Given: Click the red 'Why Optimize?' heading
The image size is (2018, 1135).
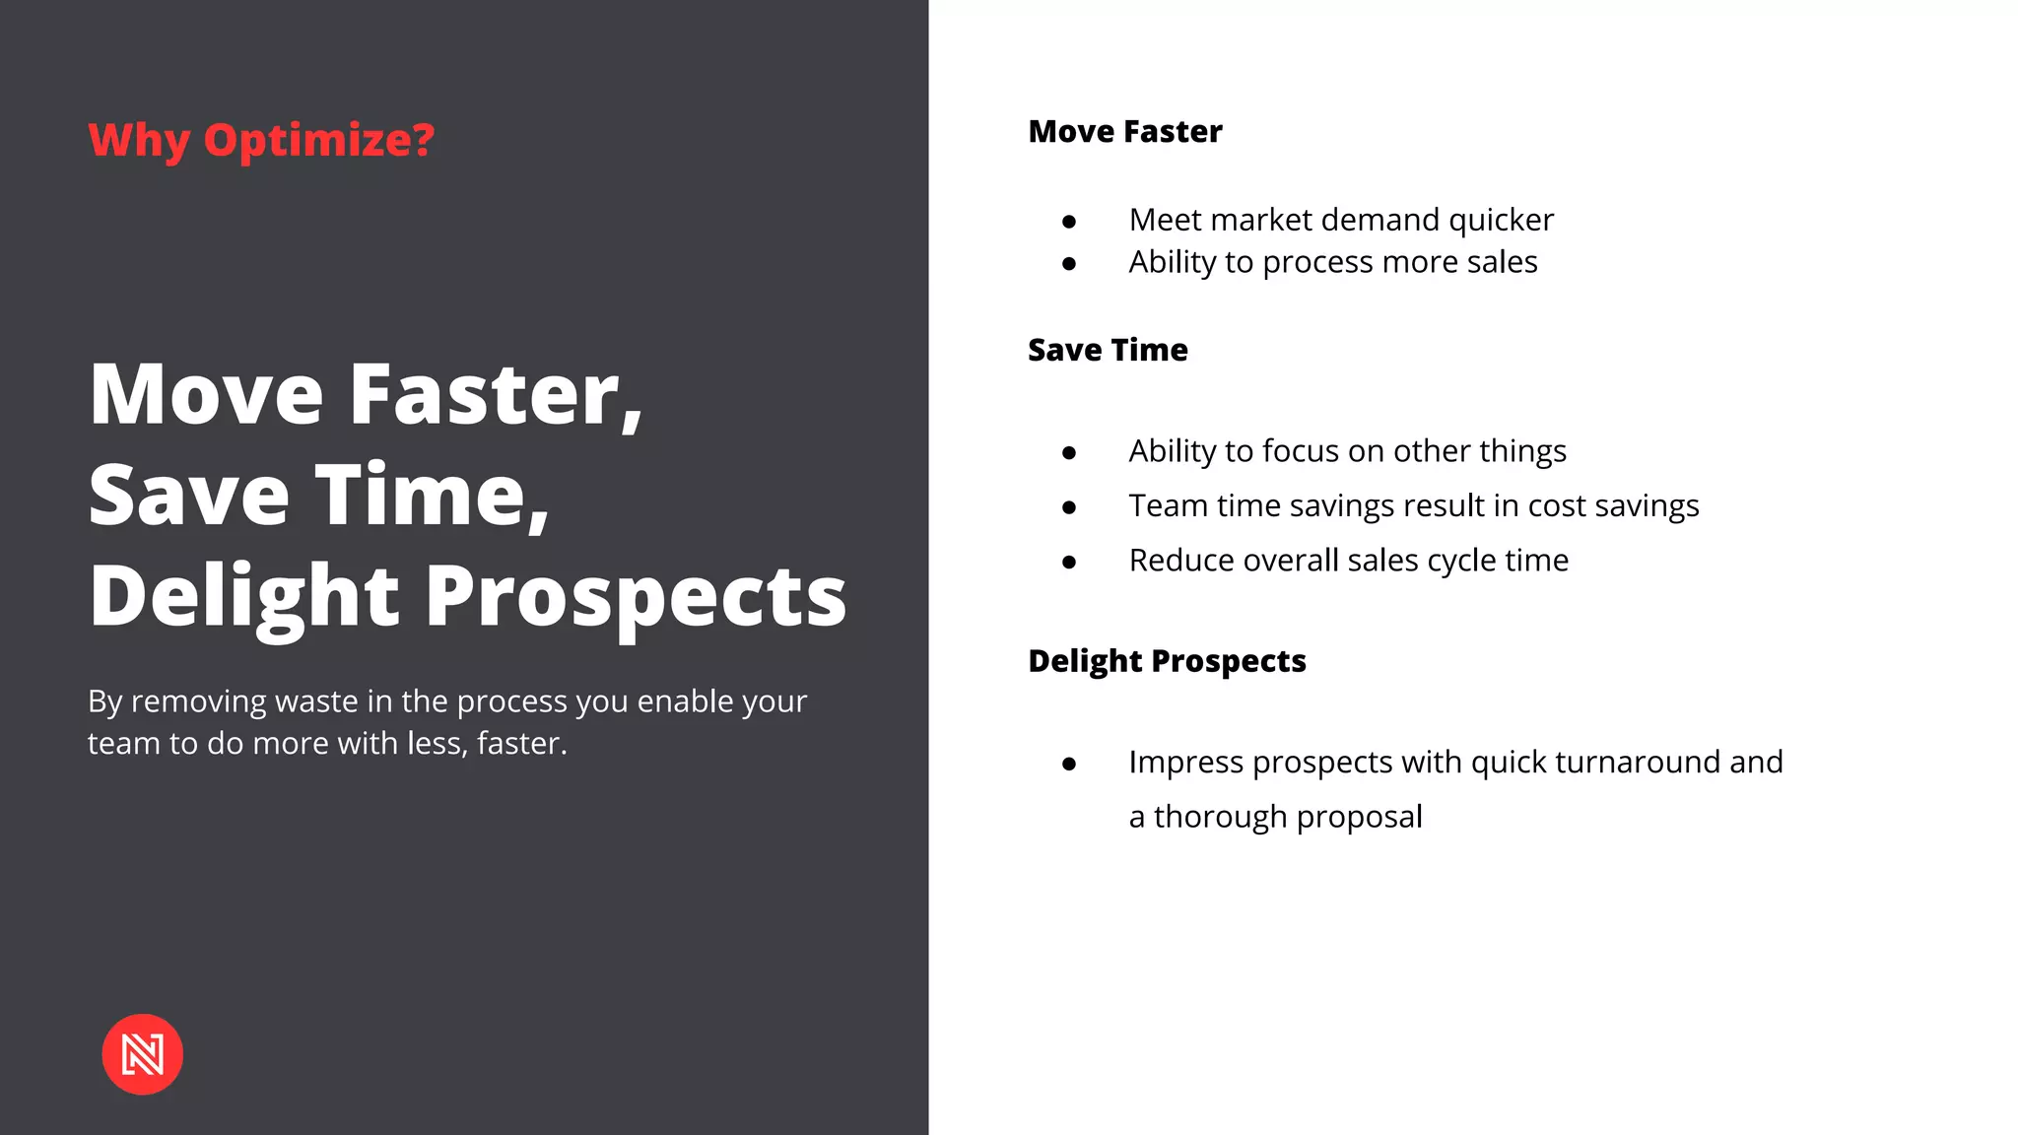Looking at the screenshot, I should click(x=261, y=140).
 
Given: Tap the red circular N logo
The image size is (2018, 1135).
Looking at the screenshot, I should click(x=143, y=1054).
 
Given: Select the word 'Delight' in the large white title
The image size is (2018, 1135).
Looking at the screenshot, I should click(x=244, y=597).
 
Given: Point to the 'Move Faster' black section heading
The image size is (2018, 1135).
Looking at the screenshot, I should click(x=1124, y=131).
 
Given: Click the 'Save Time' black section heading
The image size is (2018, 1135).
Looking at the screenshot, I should click(x=1108, y=350).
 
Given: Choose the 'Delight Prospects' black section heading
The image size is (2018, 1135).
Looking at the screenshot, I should click(x=1167, y=660).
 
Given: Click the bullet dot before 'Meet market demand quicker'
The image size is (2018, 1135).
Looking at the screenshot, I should click(x=1069, y=222).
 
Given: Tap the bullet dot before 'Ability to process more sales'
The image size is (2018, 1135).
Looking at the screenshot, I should click(x=1069, y=264).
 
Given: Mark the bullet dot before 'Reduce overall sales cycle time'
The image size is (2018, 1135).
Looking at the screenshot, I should click(x=1069, y=563).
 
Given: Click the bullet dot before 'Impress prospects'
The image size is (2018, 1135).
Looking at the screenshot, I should click(x=1069, y=765).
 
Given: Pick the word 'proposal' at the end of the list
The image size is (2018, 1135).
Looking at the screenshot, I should click(x=1359, y=817).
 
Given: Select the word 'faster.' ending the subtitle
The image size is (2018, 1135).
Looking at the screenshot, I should click(x=522, y=743).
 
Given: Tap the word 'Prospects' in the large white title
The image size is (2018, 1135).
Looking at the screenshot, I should click(x=636, y=597).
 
